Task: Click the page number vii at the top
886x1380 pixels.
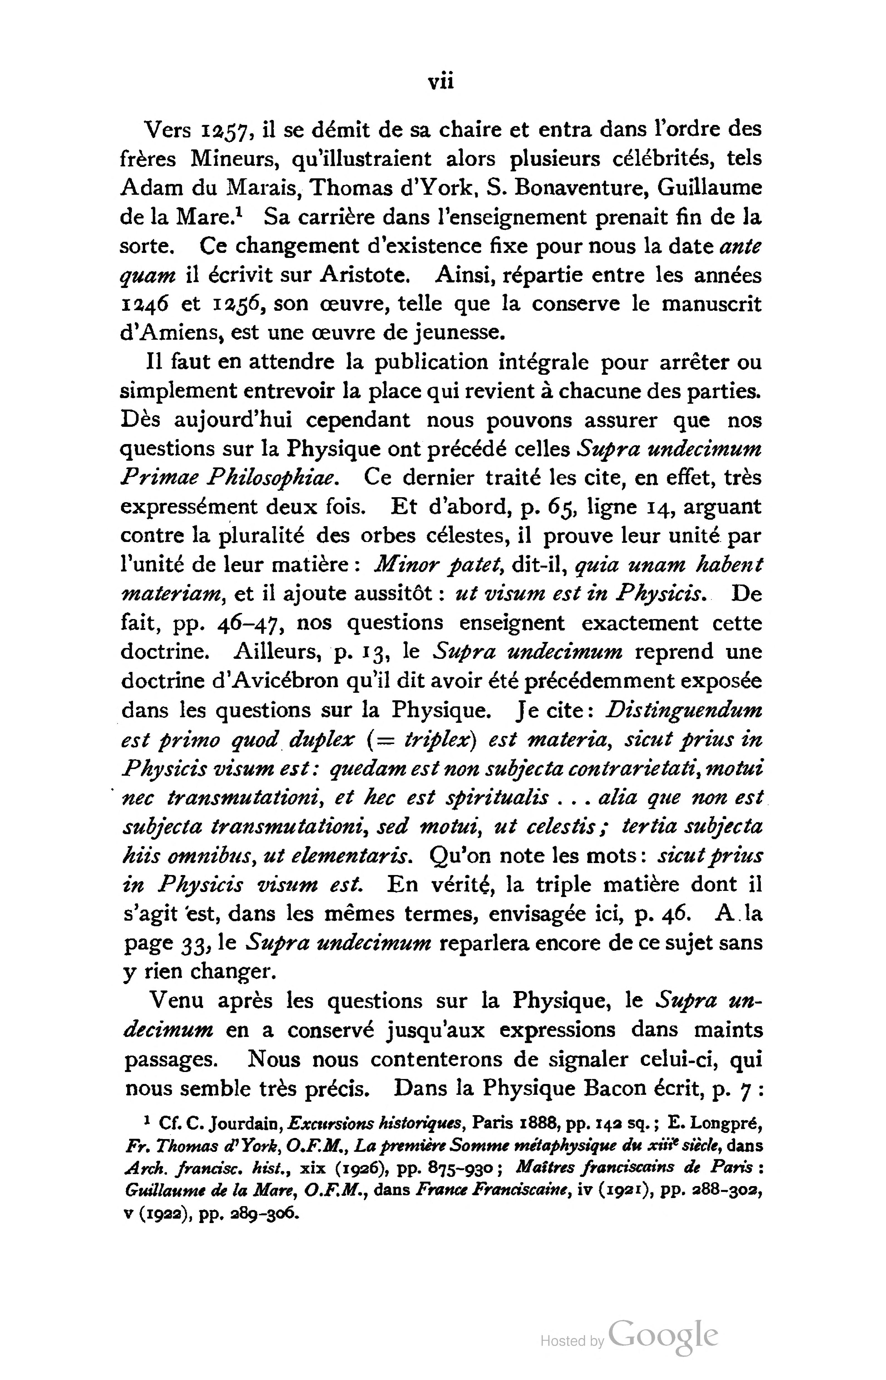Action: pyautogui.click(x=441, y=82)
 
